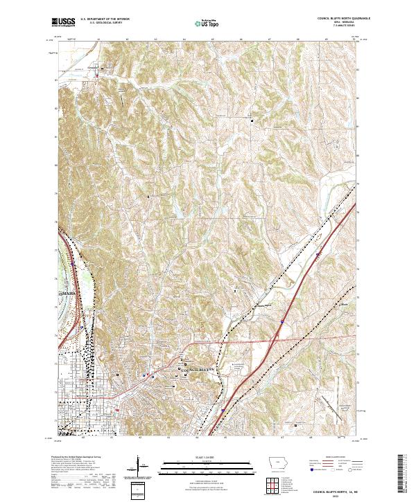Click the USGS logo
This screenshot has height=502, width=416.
click(63, 22)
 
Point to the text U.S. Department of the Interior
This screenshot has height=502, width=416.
click(105, 19)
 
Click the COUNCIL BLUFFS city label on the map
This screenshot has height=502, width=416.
click(199, 370)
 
